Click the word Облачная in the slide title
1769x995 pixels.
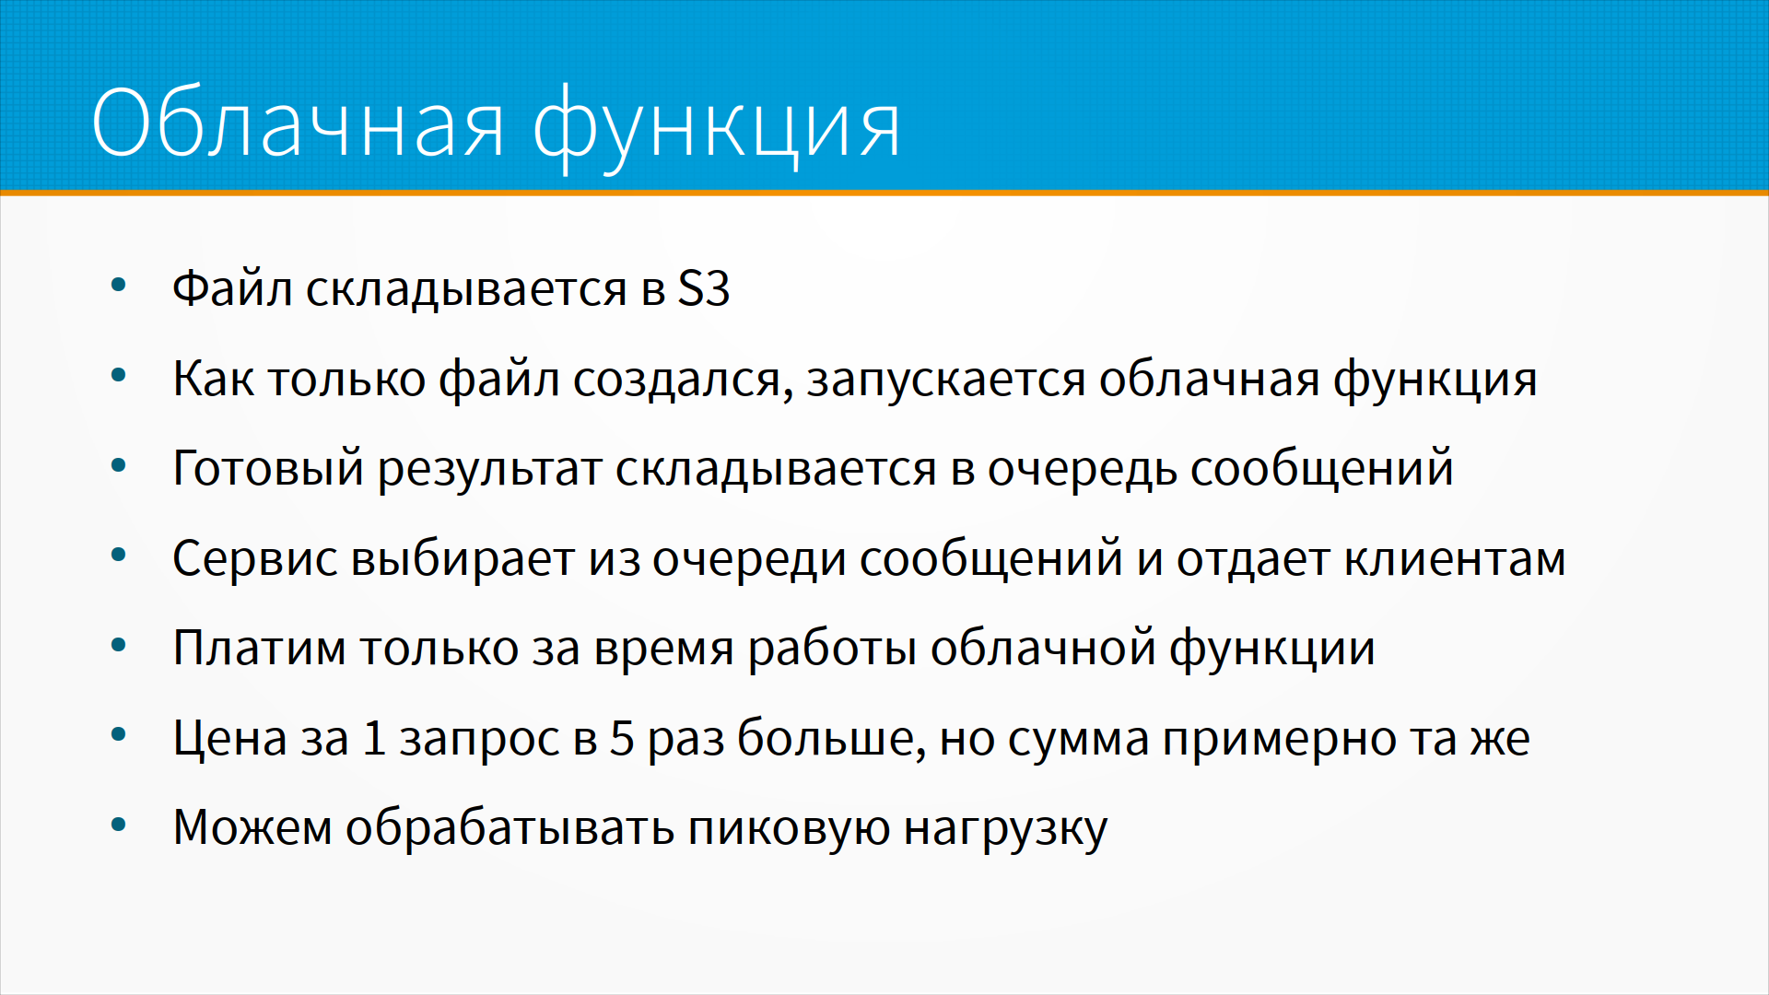point(298,123)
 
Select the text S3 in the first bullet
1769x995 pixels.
point(704,288)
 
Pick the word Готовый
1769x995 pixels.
point(268,467)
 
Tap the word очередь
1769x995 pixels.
point(1083,469)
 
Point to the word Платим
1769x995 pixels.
point(259,648)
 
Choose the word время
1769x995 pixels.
point(663,649)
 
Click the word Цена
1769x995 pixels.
point(230,738)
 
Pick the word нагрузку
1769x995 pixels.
point(1005,828)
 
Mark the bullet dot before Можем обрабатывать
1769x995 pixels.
point(118,825)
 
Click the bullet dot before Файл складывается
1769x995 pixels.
point(118,286)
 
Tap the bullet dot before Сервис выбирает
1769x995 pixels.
point(118,556)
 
